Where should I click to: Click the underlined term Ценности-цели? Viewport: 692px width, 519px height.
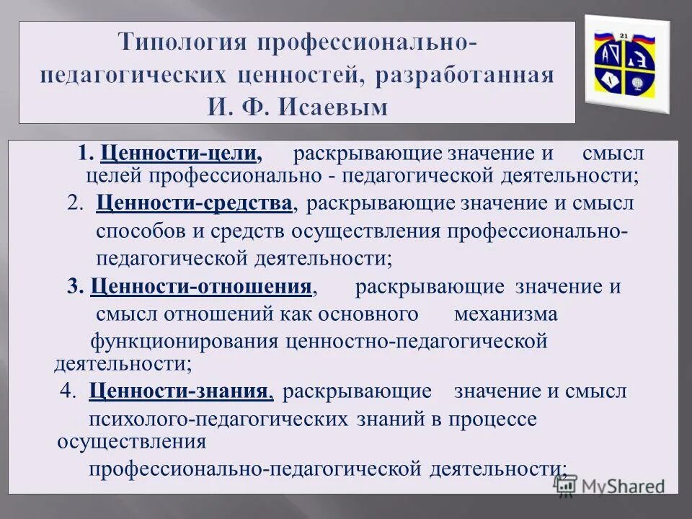(181, 154)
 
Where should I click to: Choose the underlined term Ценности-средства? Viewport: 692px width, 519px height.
(194, 203)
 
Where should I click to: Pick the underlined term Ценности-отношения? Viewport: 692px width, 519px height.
(201, 286)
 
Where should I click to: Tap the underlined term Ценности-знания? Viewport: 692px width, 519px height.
(181, 391)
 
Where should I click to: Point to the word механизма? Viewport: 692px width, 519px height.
(505, 314)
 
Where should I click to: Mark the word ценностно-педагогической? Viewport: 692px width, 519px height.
(417, 341)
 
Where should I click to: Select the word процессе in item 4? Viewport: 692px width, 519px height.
(500, 419)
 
